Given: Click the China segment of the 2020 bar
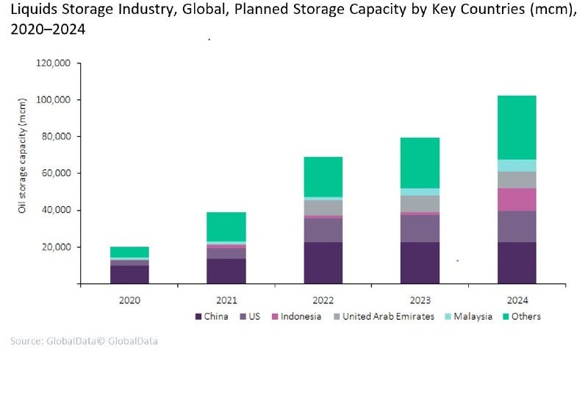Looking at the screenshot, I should (x=129, y=274).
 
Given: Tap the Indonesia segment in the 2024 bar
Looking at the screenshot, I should (x=517, y=200).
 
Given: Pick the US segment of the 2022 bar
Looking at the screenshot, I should (x=323, y=230).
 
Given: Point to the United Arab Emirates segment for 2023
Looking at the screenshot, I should (x=420, y=203).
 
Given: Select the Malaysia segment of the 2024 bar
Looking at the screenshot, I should (x=517, y=166).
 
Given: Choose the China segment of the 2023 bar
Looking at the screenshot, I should (x=420, y=263).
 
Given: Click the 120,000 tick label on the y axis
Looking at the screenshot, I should (x=53, y=63).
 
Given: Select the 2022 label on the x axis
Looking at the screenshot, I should (x=323, y=300).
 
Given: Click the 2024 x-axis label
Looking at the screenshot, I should (x=517, y=300).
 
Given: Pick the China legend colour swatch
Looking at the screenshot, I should (x=198, y=317).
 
